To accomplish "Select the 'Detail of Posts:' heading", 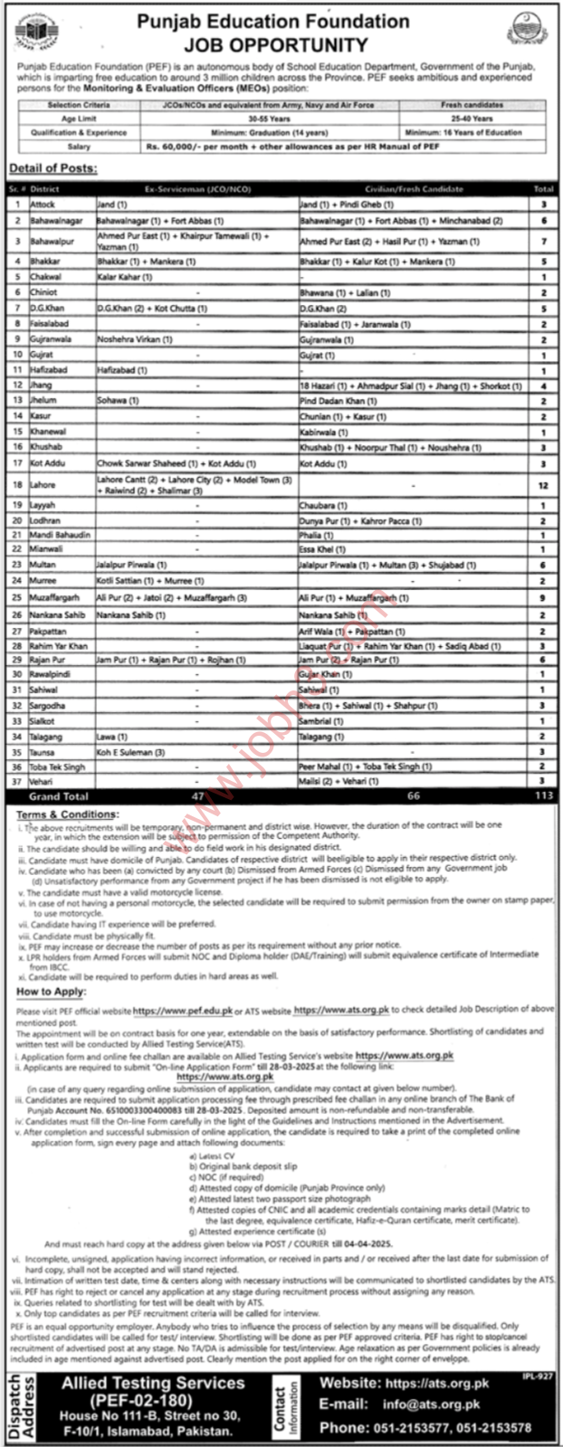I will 53,169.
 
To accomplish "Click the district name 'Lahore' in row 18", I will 43,485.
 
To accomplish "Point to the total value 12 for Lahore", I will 543,485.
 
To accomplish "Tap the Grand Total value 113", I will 543,796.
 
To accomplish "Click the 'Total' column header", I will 543,189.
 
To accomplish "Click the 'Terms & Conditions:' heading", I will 67,815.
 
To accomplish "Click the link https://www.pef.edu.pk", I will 183,1008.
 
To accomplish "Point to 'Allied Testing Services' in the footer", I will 153,1383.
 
